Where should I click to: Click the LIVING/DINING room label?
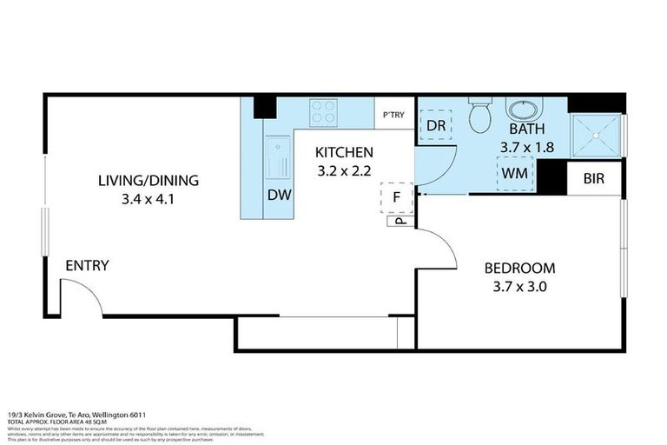[149, 181]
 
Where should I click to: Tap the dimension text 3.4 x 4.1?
[149, 199]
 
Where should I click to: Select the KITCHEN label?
[344, 152]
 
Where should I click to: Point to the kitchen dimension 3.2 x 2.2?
[344, 169]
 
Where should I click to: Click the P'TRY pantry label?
[393, 115]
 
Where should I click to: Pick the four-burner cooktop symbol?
[324, 113]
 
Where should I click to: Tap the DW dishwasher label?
[278, 196]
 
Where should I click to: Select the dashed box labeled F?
[396, 196]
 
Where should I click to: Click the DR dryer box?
[436, 125]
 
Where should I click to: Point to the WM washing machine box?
[515, 172]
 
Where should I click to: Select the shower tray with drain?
[596, 135]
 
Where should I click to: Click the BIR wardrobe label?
[594, 179]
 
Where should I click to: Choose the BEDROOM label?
[519, 268]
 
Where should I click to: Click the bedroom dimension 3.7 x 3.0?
[519, 286]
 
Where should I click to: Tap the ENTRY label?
[88, 265]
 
